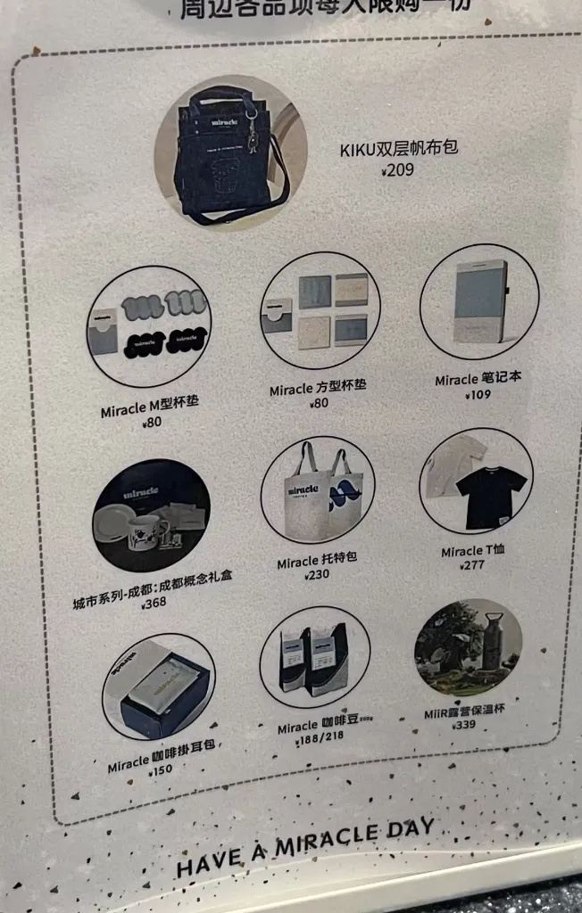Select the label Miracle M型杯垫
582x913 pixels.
coord(149,407)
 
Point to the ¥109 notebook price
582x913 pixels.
coord(476,394)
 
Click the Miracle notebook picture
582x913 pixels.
coord(479,301)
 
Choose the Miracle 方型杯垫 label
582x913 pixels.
coord(317,389)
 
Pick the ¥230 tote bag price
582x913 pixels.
coord(317,576)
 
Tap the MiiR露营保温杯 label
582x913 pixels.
coord(464,712)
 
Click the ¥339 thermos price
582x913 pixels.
coord(463,726)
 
